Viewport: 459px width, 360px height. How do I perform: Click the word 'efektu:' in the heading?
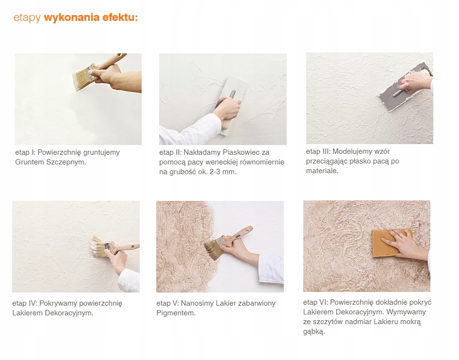tap(120, 17)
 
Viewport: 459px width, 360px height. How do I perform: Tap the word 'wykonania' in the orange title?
tap(72, 17)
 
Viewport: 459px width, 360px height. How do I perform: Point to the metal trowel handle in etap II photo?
tap(232, 95)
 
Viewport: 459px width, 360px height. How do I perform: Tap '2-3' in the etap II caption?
tap(215, 172)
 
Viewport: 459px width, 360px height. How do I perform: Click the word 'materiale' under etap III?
tap(321, 171)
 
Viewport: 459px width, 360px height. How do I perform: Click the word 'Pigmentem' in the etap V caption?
tap(175, 313)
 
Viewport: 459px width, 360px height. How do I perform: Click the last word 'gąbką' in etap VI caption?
tap(314, 331)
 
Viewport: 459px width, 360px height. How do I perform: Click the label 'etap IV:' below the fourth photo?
tap(25, 303)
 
